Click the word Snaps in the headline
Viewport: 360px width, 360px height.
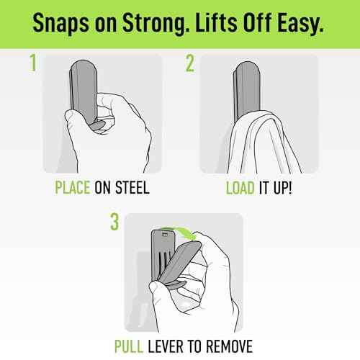coord(61,23)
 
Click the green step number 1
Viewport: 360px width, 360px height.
coord(33,63)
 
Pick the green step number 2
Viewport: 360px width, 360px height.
coord(190,63)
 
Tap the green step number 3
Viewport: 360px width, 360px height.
coord(114,222)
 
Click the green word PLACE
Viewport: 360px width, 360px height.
coord(73,187)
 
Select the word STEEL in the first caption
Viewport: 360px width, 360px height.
coord(132,187)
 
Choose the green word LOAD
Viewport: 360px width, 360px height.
coord(240,188)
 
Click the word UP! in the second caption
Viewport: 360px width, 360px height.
coord(283,188)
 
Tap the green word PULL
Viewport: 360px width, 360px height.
coord(129,346)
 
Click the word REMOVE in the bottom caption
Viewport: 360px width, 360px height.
coord(230,346)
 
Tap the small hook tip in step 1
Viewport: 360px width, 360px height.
coord(98,125)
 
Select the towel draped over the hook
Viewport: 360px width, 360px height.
coord(264,142)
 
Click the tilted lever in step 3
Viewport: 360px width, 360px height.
coord(179,261)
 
